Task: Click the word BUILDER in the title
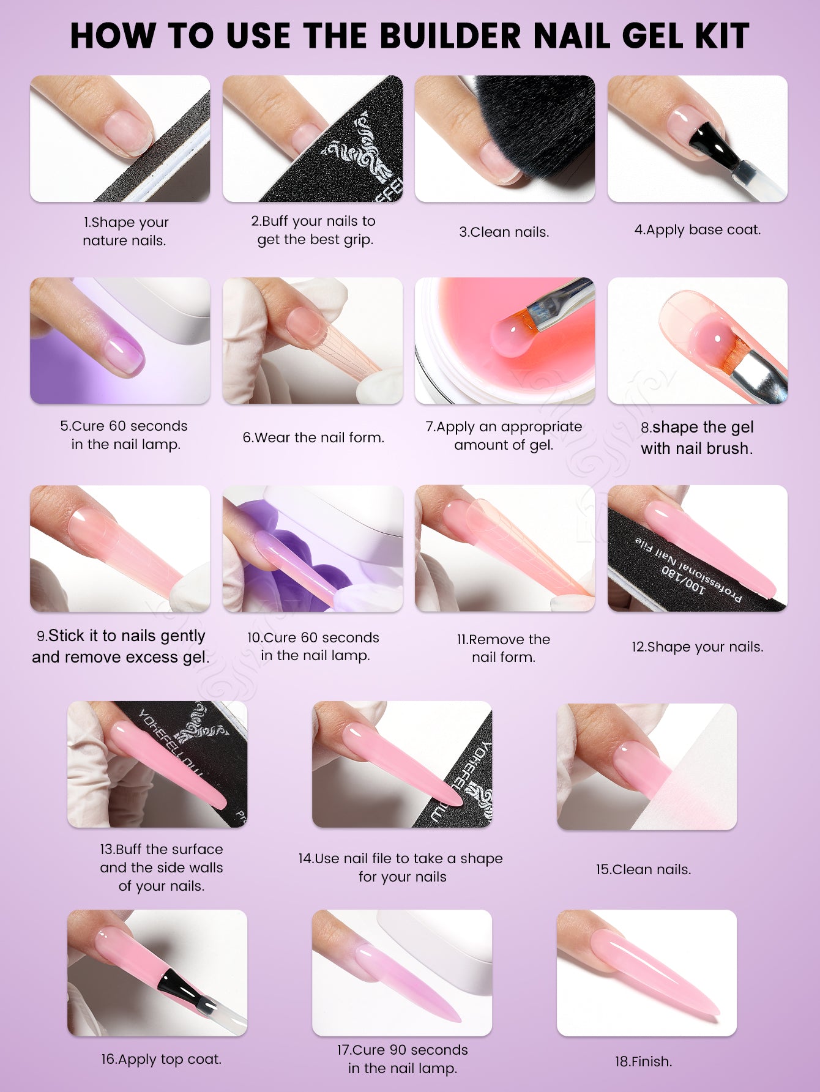[x=449, y=35]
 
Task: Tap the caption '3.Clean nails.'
[x=504, y=232]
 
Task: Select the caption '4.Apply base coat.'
[x=698, y=230]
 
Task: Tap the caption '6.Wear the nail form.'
[x=313, y=437]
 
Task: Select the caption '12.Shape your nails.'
[x=698, y=647]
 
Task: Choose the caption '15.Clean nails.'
[x=644, y=869]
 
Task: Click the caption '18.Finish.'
[x=644, y=1061]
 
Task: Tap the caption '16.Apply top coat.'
[x=162, y=1059]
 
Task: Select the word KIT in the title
[x=721, y=35]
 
